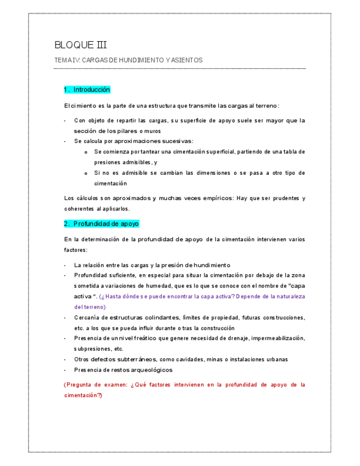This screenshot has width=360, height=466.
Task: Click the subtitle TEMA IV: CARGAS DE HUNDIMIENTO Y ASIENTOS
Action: tap(128, 60)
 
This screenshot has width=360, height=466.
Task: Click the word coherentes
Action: tap(79, 209)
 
